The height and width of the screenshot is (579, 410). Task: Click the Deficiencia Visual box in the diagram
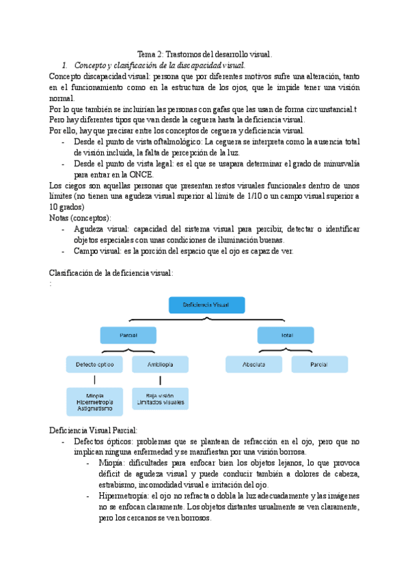206,305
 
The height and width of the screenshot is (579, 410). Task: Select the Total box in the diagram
286,336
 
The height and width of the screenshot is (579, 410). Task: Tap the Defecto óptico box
95,365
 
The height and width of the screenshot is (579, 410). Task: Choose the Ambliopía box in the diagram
160,365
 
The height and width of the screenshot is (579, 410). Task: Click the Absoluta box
254,365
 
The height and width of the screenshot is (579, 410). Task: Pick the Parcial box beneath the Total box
319,365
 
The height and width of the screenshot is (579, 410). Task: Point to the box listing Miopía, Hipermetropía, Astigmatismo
95,401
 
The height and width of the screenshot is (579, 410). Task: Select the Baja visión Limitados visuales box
160,399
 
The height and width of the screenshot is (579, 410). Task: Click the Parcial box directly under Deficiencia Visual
128,336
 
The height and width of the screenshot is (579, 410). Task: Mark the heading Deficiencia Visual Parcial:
94,430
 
